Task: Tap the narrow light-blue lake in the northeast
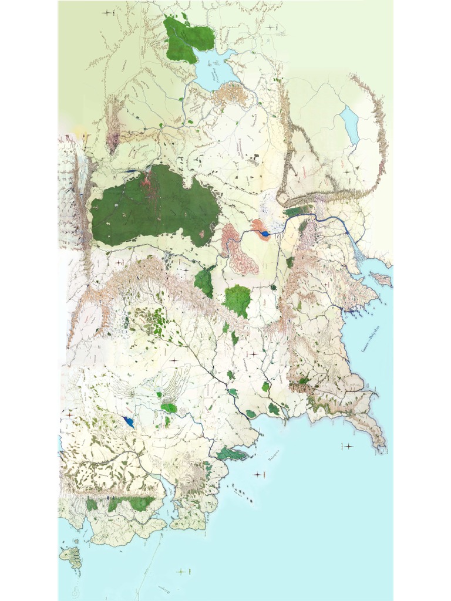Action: [x=351, y=125]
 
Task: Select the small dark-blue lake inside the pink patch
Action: [x=265, y=234]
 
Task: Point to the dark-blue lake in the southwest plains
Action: [x=129, y=421]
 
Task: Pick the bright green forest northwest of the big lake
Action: [x=189, y=39]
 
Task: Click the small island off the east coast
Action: [x=381, y=279]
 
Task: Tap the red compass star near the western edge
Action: [x=69, y=415]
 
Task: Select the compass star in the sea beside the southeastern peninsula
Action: [x=348, y=447]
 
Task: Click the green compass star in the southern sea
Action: [x=181, y=572]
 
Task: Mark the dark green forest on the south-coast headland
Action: [x=228, y=453]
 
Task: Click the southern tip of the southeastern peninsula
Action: [x=383, y=446]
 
